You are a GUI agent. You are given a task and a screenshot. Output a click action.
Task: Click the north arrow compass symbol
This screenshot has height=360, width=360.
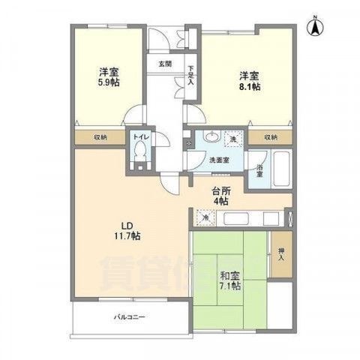(316, 26)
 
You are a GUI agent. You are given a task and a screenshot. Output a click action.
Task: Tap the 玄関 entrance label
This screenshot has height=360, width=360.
(165, 64)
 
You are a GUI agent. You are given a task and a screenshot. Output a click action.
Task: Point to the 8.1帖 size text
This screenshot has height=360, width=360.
(250, 88)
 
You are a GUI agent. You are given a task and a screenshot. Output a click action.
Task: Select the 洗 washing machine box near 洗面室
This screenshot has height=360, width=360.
(233, 139)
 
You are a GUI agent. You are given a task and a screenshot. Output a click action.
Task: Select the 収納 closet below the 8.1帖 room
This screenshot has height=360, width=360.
(271, 137)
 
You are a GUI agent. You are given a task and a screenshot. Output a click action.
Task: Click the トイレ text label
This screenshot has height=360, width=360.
(139, 137)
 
